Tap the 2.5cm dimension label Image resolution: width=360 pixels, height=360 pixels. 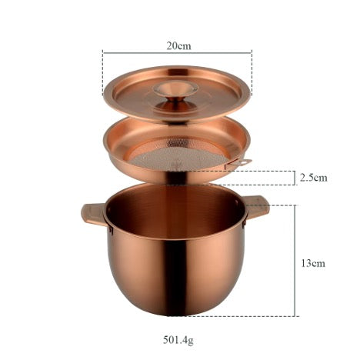(x=313, y=178)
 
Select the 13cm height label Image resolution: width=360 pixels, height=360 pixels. (x=313, y=262)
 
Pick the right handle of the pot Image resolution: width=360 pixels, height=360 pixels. (x=255, y=206)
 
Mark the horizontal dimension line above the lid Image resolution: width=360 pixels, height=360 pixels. (x=178, y=53)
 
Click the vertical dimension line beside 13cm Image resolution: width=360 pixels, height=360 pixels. (x=298, y=261)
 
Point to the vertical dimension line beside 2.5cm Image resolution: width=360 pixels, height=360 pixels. (x=298, y=178)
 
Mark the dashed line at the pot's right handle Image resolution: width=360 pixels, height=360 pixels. (x=281, y=205)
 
